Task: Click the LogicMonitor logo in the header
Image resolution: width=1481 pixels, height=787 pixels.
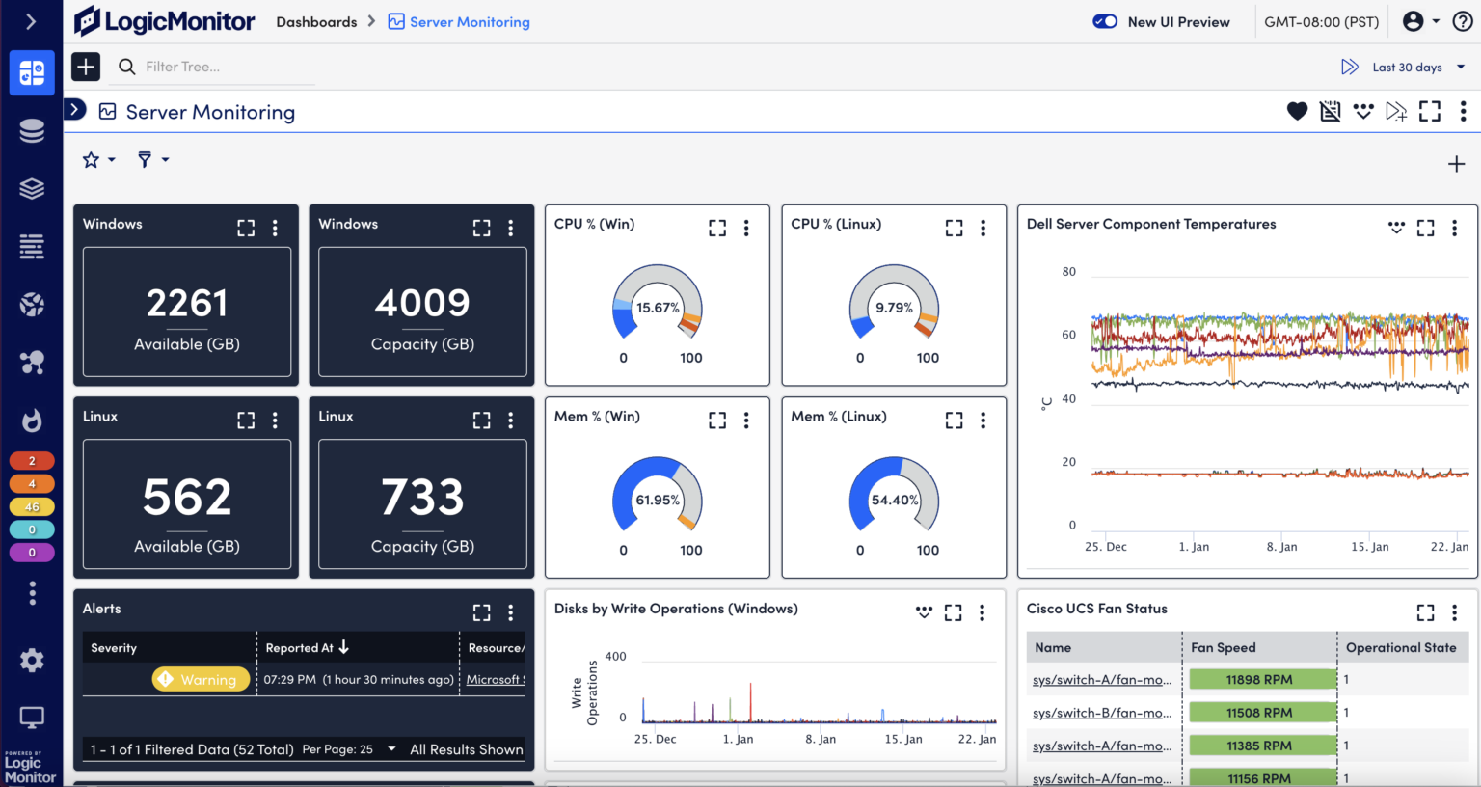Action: click(x=165, y=21)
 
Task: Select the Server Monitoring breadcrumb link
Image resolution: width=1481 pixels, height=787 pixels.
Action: click(x=469, y=22)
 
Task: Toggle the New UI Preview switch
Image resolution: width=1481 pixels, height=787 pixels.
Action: click(x=1105, y=21)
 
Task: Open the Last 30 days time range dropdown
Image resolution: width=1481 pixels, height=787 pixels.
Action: click(x=1417, y=67)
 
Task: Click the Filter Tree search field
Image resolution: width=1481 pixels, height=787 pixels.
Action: click(x=222, y=67)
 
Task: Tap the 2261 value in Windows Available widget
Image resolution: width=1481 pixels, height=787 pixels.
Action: click(x=187, y=304)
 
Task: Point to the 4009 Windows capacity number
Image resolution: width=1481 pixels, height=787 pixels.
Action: click(x=422, y=304)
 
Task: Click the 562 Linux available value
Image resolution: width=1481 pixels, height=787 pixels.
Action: click(x=187, y=498)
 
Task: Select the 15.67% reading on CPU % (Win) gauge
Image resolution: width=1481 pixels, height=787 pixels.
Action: click(x=658, y=308)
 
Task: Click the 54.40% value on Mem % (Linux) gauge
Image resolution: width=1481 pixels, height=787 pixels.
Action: click(x=895, y=500)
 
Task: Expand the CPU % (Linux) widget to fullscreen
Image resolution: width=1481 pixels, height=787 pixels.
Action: click(x=954, y=228)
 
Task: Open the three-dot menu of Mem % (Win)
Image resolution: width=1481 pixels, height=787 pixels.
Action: click(x=746, y=421)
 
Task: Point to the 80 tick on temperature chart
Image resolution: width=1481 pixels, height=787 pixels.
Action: click(x=1068, y=272)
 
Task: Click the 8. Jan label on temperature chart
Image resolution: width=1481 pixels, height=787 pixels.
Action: click(x=1281, y=547)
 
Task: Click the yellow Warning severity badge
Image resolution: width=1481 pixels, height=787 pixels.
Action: click(x=201, y=680)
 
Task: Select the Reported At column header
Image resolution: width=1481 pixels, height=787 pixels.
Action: click(x=300, y=648)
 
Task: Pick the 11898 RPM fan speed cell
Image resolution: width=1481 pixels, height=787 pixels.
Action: click(x=1259, y=680)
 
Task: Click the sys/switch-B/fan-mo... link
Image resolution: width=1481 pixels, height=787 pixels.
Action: click(x=1102, y=713)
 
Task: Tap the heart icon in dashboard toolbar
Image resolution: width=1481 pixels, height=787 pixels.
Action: click(x=1297, y=112)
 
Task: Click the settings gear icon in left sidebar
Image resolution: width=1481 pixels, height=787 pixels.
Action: click(x=32, y=660)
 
